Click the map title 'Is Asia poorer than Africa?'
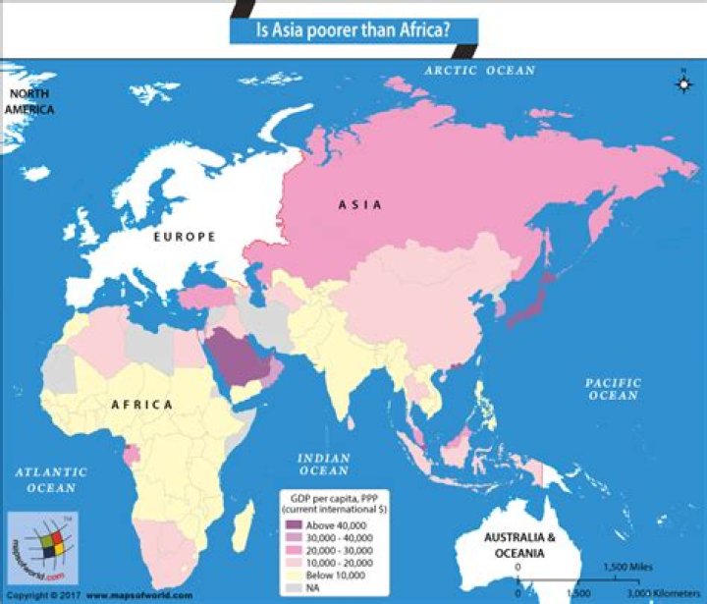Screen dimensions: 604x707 click(353, 30)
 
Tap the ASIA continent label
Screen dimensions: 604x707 click(359, 205)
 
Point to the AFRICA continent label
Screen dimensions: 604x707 click(141, 405)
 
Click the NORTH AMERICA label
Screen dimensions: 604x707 click(30, 101)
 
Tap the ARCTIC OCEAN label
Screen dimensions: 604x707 click(479, 71)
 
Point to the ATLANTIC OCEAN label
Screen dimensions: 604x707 click(51, 479)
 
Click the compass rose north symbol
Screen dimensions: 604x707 click(682, 82)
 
